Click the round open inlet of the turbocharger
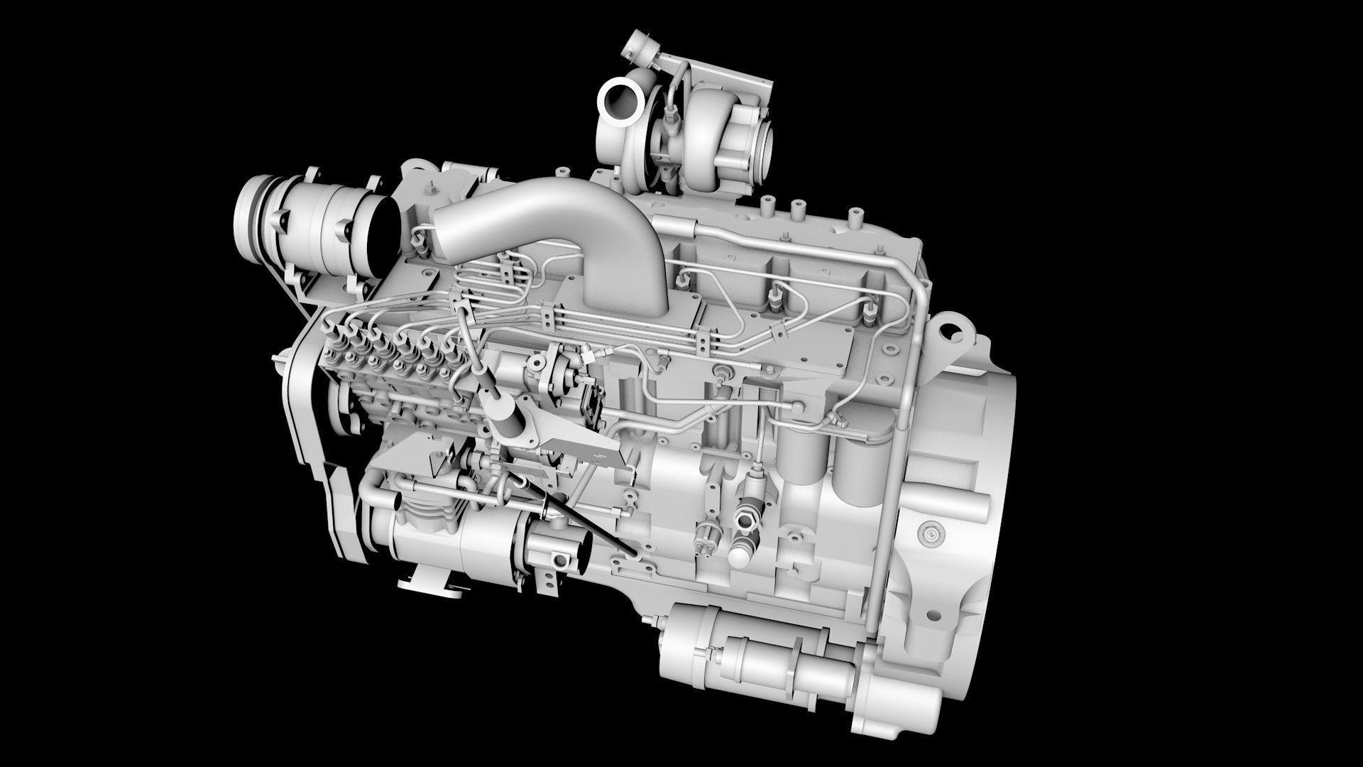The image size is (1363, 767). tap(620, 99)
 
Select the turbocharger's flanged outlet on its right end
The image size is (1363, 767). tap(767, 146)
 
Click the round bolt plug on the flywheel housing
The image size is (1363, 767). tap(929, 532)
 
